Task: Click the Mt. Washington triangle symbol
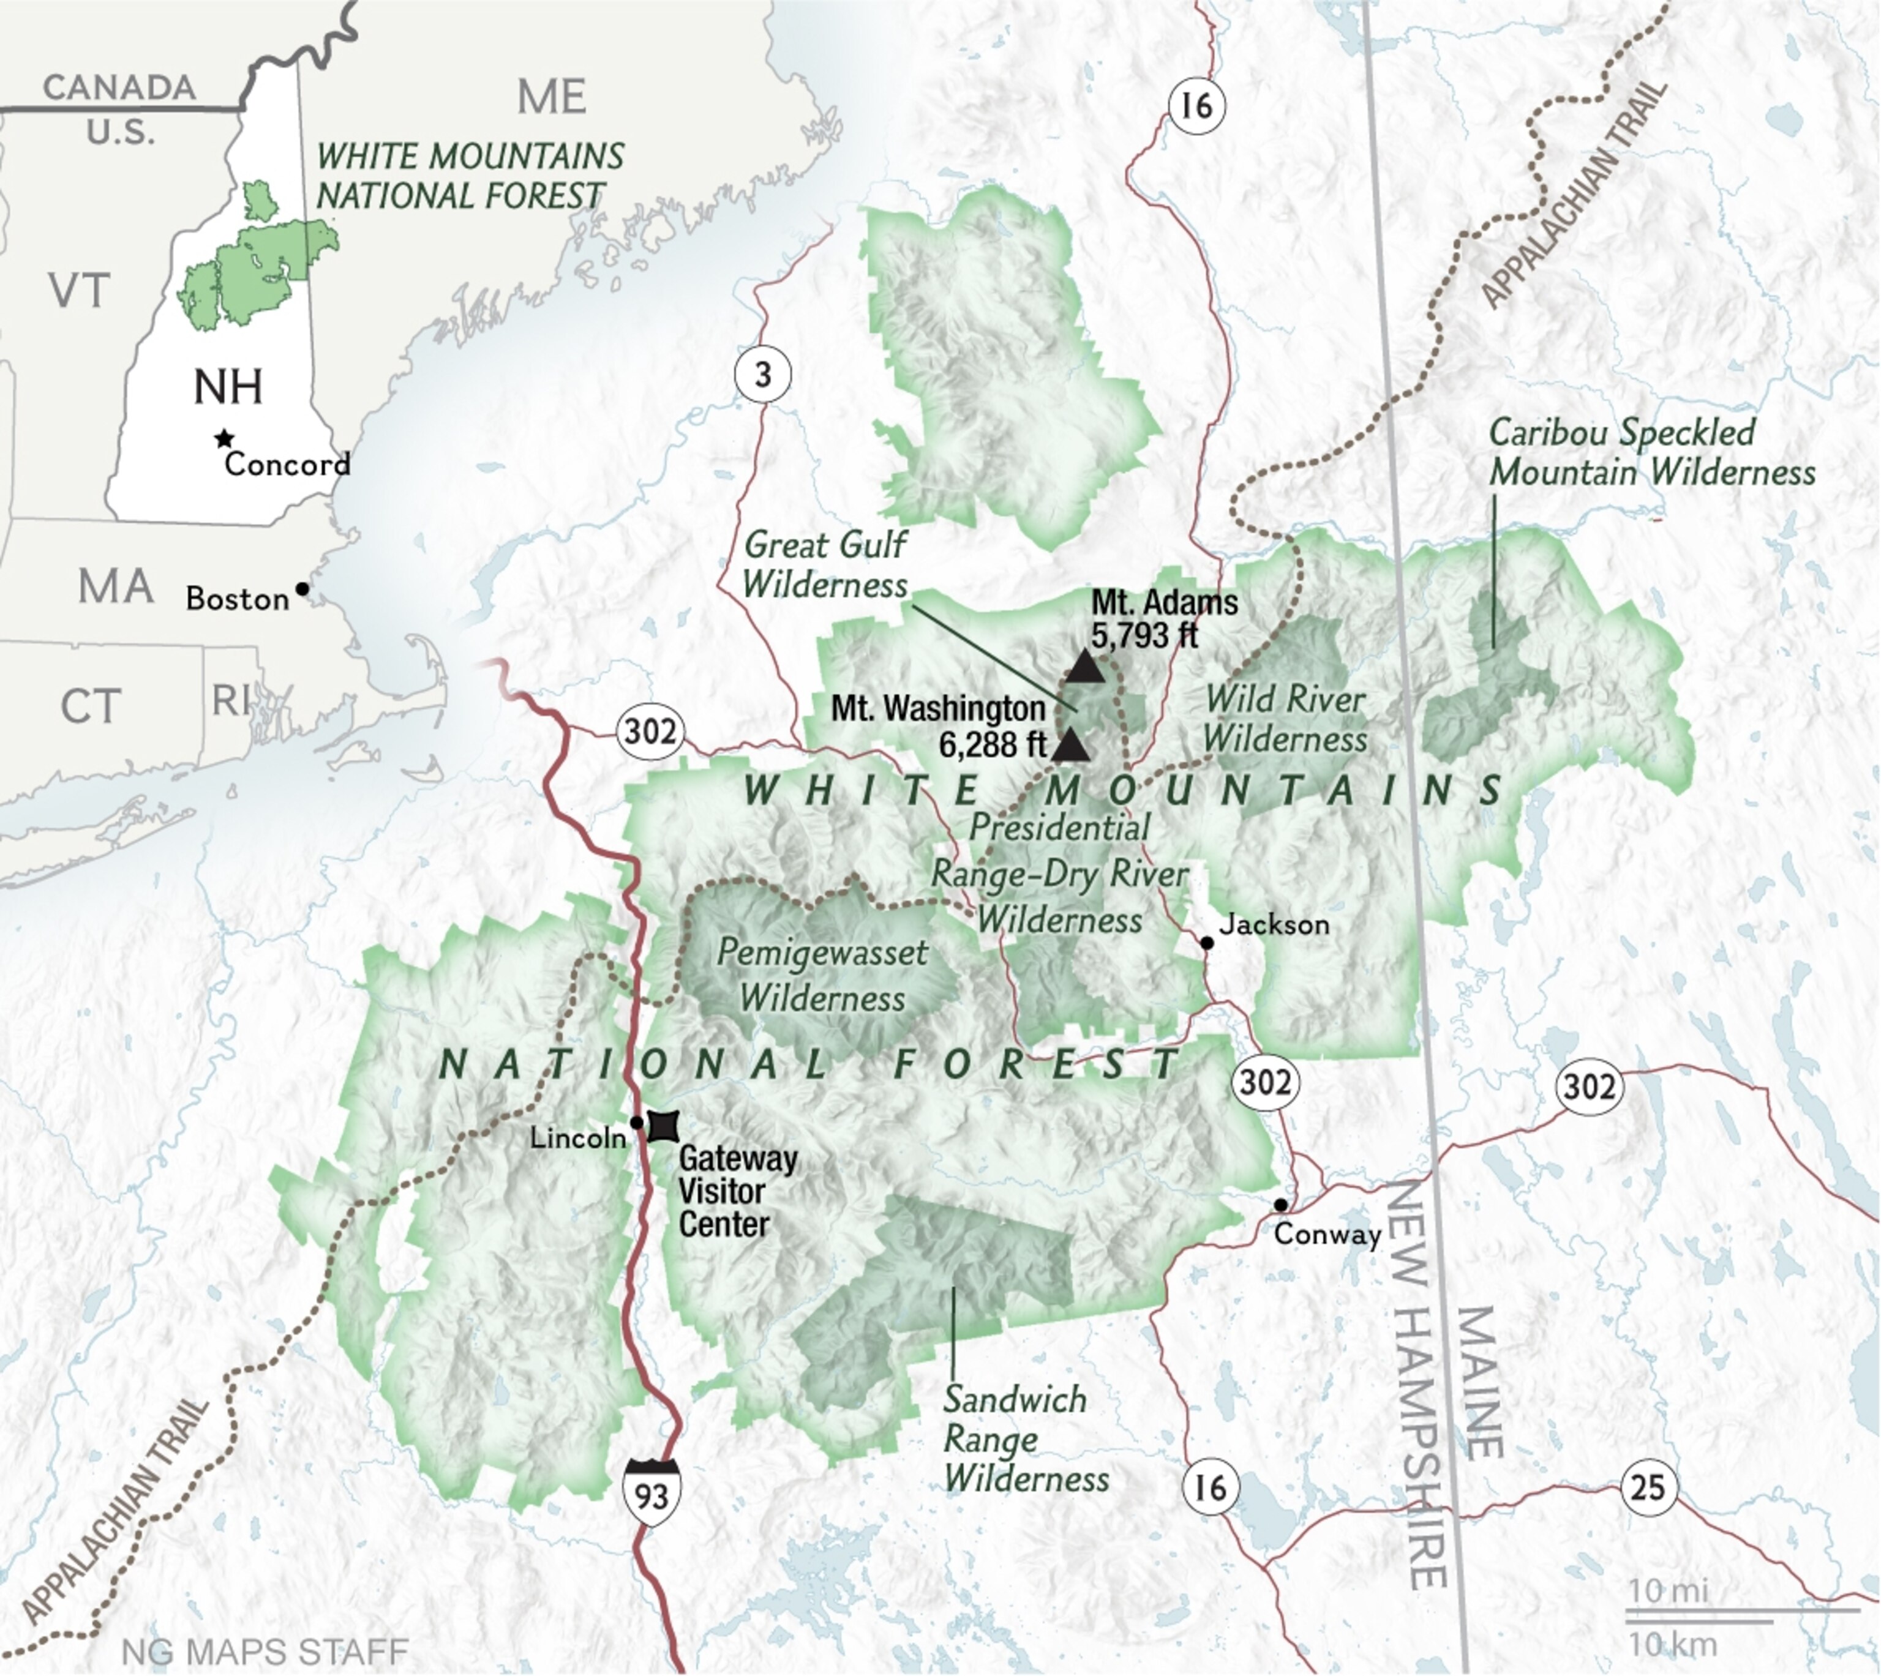(x=1070, y=746)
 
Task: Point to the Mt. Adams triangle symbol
(x=1084, y=666)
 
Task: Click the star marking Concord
(x=223, y=438)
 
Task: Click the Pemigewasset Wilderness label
(x=822, y=975)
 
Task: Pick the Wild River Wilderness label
(x=1285, y=718)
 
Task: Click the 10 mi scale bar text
(x=1667, y=1590)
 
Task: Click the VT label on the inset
(x=79, y=290)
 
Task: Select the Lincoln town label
(x=577, y=1138)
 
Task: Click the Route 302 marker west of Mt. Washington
(x=651, y=732)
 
